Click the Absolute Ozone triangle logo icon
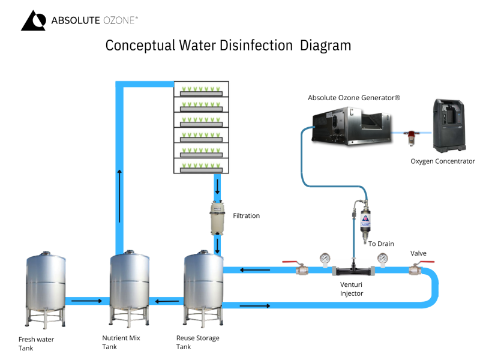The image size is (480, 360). [x=33, y=20]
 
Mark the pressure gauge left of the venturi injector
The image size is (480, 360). [x=325, y=260]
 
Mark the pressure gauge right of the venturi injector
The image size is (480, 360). [x=382, y=260]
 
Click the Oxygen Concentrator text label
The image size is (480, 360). [x=442, y=161]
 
